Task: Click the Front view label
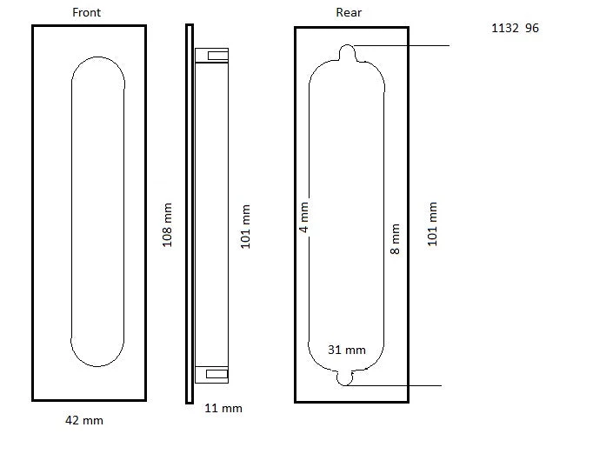tap(86, 12)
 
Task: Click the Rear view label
tap(349, 12)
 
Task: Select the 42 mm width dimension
tap(84, 420)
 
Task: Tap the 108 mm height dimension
tap(167, 225)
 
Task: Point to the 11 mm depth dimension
tap(223, 408)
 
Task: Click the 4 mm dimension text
tap(303, 217)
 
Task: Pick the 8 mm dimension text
tap(395, 239)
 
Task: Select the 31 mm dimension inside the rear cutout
tap(347, 350)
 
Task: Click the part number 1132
tap(505, 28)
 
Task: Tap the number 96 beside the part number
tap(532, 28)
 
